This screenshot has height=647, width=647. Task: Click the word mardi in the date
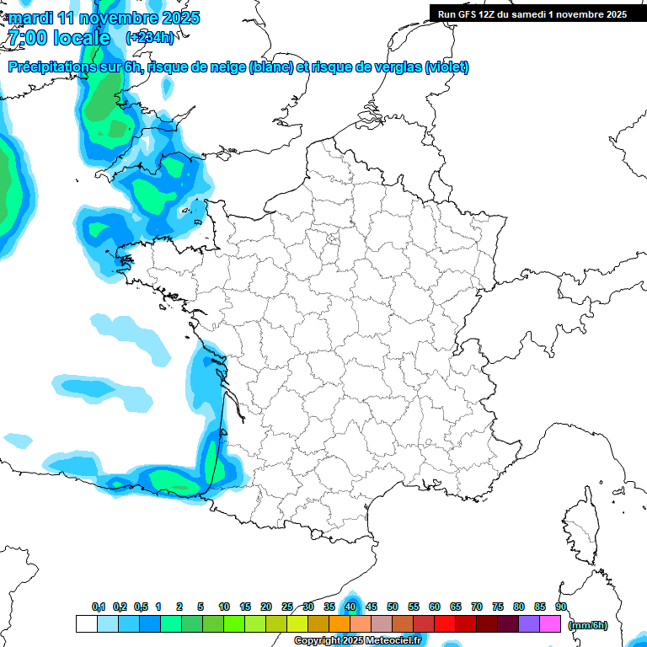coord(31,18)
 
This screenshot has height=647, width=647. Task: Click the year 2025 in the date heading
coord(177,18)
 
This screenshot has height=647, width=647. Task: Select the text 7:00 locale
coord(59,38)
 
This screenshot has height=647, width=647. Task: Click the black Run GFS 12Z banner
coord(532,13)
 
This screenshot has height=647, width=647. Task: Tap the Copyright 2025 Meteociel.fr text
coord(357,641)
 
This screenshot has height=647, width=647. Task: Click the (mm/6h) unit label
coord(588,624)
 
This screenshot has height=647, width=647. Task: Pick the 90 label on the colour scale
coord(561,607)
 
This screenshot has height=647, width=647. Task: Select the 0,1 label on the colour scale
coord(98,607)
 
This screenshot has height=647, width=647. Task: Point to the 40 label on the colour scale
coord(350,607)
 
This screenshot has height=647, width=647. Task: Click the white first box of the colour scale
coord(86,623)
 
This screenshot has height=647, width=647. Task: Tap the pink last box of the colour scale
coord(550,623)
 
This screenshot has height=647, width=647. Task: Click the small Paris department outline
coord(333,240)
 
